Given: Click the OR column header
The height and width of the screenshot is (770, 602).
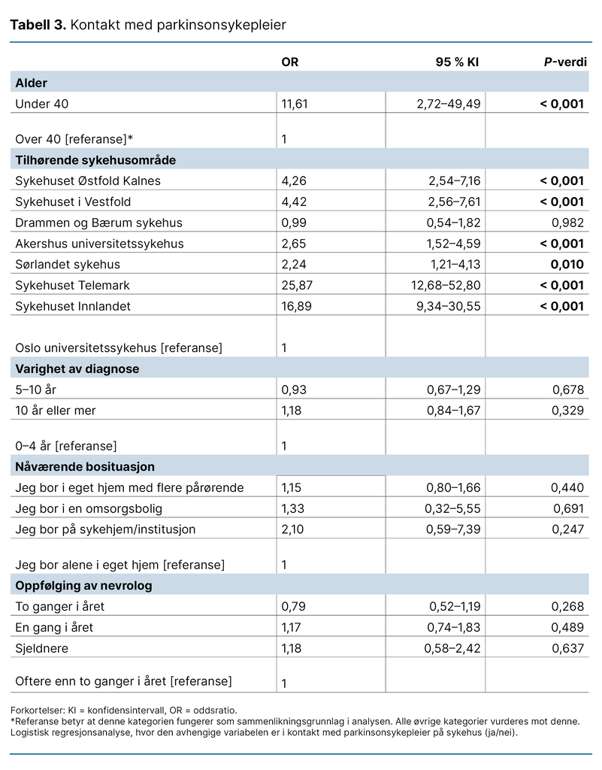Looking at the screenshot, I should point(289,62).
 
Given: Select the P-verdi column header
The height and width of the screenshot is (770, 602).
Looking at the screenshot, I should point(565,62).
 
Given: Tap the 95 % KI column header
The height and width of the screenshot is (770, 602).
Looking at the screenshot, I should point(457,62).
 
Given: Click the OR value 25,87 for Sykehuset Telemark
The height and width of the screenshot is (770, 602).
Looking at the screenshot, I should point(295,285).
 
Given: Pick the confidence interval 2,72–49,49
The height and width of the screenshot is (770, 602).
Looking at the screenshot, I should point(448,104).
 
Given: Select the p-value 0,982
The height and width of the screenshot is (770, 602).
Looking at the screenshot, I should point(569,223).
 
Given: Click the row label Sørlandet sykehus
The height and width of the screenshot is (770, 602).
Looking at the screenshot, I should point(68,265).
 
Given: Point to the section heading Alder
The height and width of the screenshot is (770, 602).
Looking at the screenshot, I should point(32,83).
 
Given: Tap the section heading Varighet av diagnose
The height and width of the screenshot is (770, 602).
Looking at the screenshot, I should point(77,368).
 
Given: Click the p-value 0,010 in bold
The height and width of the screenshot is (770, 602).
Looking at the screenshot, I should point(568,265).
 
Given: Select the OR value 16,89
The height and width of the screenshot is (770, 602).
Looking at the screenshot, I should point(295,306).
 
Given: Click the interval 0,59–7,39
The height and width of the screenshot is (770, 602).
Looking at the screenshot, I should point(454,529).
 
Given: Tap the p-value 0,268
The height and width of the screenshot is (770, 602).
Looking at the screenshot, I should point(569,606).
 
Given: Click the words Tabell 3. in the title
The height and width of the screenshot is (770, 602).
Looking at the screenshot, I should point(38,26).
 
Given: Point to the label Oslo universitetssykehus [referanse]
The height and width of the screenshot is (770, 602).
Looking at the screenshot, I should point(119,348).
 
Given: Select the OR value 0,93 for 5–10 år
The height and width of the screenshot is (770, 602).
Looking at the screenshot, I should point(292,390).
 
